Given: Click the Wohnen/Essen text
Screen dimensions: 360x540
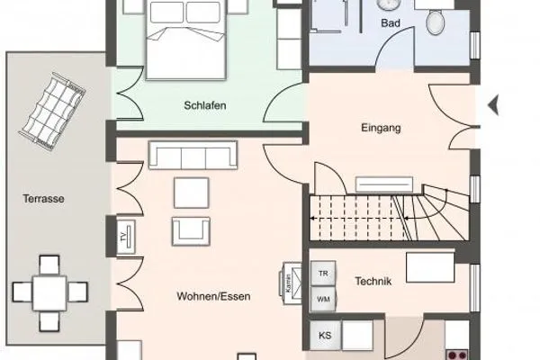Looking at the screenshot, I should point(212,295).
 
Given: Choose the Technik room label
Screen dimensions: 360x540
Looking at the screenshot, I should point(372,281).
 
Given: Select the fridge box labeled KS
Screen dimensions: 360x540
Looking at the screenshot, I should point(324,336).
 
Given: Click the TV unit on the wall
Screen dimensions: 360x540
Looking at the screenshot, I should point(122,238).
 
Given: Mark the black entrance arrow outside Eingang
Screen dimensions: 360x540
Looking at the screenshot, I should point(492,105).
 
